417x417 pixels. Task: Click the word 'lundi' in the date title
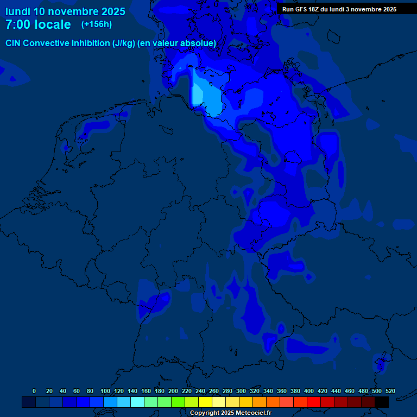point(17,11)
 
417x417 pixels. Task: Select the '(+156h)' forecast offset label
point(97,24)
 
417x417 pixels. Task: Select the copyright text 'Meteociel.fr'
point(253,413)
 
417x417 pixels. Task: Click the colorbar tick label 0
point(34,391)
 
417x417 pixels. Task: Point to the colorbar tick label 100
point(105,391)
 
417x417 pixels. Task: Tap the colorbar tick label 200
point(173,391)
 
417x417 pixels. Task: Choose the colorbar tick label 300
point(241,391)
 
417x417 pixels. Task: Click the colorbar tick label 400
point(309,391)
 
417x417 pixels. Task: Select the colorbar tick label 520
point(390,391)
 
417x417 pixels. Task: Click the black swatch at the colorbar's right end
point(382,402)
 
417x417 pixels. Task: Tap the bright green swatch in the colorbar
point(178,402)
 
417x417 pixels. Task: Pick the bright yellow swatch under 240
point(205,402)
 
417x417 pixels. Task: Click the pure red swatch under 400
point(314,402)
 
